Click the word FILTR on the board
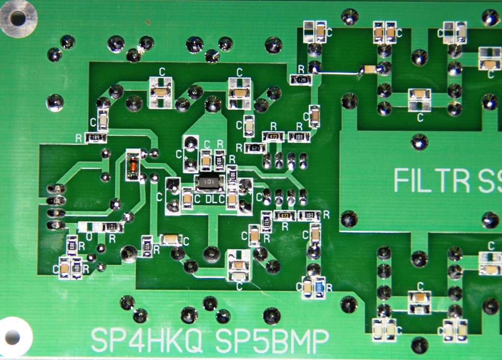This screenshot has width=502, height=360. [431, 180]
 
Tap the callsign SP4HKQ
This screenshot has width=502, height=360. [147, 339]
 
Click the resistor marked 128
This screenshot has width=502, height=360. [301, 79]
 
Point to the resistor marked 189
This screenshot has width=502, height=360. [96, 138]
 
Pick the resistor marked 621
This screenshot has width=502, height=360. [255, 148]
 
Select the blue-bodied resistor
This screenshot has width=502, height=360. [319, 287]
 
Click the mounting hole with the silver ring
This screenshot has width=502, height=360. [18, 18]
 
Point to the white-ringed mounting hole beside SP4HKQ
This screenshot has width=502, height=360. [12, 337]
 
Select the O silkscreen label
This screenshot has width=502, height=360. [89, 237]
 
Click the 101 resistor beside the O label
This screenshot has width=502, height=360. [112, 227]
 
